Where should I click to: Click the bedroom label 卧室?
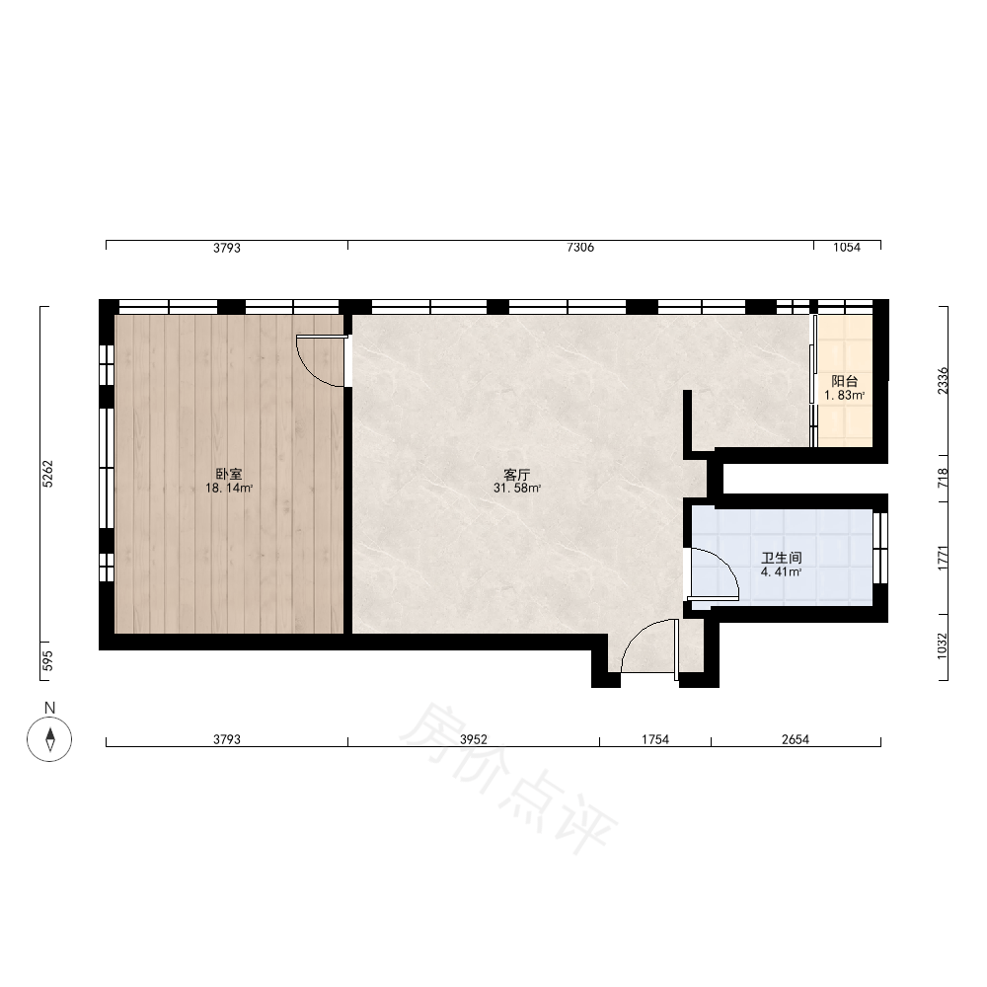click(x=229, y=475)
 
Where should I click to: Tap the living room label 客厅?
click(x=517, y=475)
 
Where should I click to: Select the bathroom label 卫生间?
click(x=781, y=559)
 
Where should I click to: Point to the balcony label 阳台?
click(x=845, y=381)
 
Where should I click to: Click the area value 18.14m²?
click(x=229, y=488)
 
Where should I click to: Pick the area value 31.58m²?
click(x=517, y=488)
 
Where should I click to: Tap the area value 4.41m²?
click(x=781, y=572)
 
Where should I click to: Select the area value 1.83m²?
click(x=845, y=396)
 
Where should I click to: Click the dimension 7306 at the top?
click(x=580, y=248)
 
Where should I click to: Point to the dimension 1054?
click(x=847, y=248)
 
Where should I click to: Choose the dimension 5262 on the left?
click(x=48, y=474)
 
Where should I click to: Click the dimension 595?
click(x=48, y=660)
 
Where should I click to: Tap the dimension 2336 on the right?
click(x=943, y=381)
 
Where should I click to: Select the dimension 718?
click(x=943, y=479)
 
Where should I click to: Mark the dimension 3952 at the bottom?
click(x=474, y=739)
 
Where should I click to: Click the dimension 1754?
click(x=655, y=739)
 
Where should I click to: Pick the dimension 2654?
click(x=796, y=739)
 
